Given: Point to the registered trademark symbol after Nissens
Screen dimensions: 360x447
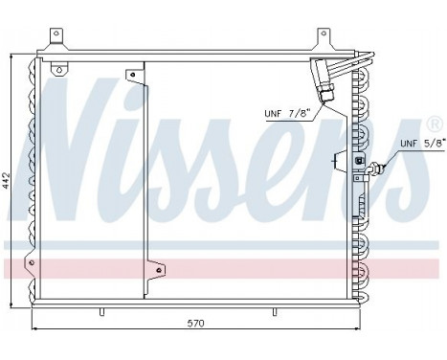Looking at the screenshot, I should [x=435, y=125].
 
